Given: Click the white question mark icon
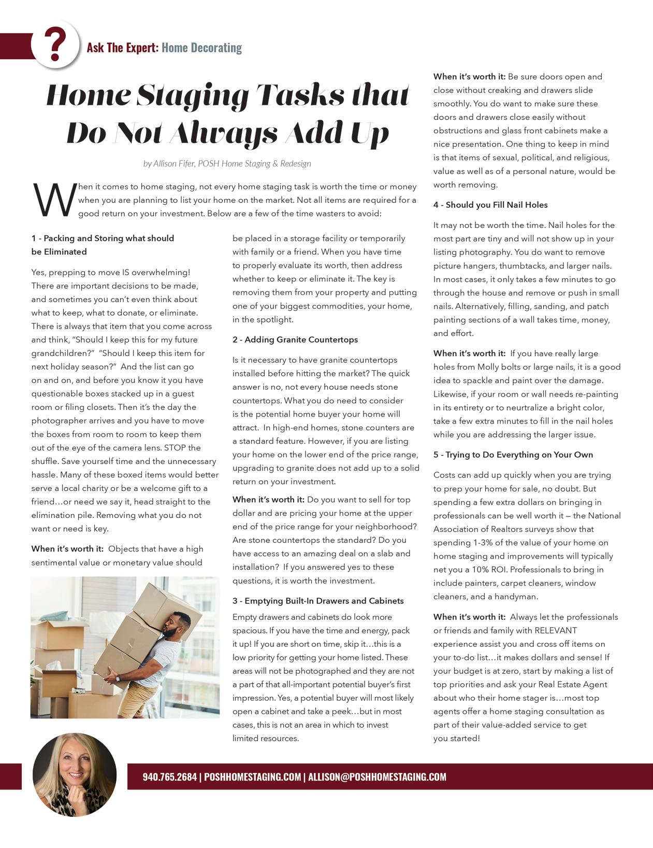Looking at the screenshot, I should (55, 45).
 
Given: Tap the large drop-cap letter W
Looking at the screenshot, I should (54, 200).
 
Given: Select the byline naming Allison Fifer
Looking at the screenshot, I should (227, 163).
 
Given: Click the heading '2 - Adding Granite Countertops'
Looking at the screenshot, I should (295, 340).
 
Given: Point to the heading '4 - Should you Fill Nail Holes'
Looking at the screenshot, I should (490, 205).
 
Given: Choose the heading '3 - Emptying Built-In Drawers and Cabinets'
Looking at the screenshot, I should (317, 601).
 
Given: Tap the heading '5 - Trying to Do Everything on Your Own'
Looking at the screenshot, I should (513, 455).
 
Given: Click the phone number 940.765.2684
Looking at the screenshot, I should (169, 776).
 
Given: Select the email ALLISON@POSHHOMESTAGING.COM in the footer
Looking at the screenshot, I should (377, 776).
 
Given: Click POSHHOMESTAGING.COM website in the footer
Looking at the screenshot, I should (252, 776).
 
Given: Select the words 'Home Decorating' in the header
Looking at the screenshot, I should (201, 48).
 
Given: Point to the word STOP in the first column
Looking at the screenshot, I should (175, 448).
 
